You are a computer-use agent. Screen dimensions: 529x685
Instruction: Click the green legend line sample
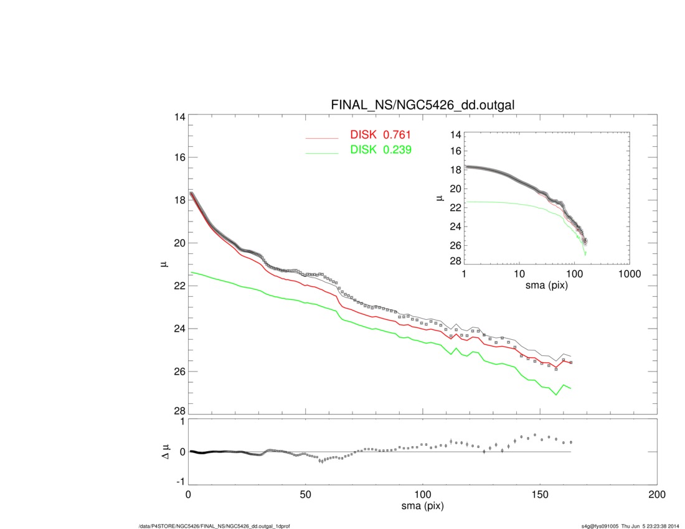click(321, 152)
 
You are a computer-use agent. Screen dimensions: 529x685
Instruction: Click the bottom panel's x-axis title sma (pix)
click(423, 507)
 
